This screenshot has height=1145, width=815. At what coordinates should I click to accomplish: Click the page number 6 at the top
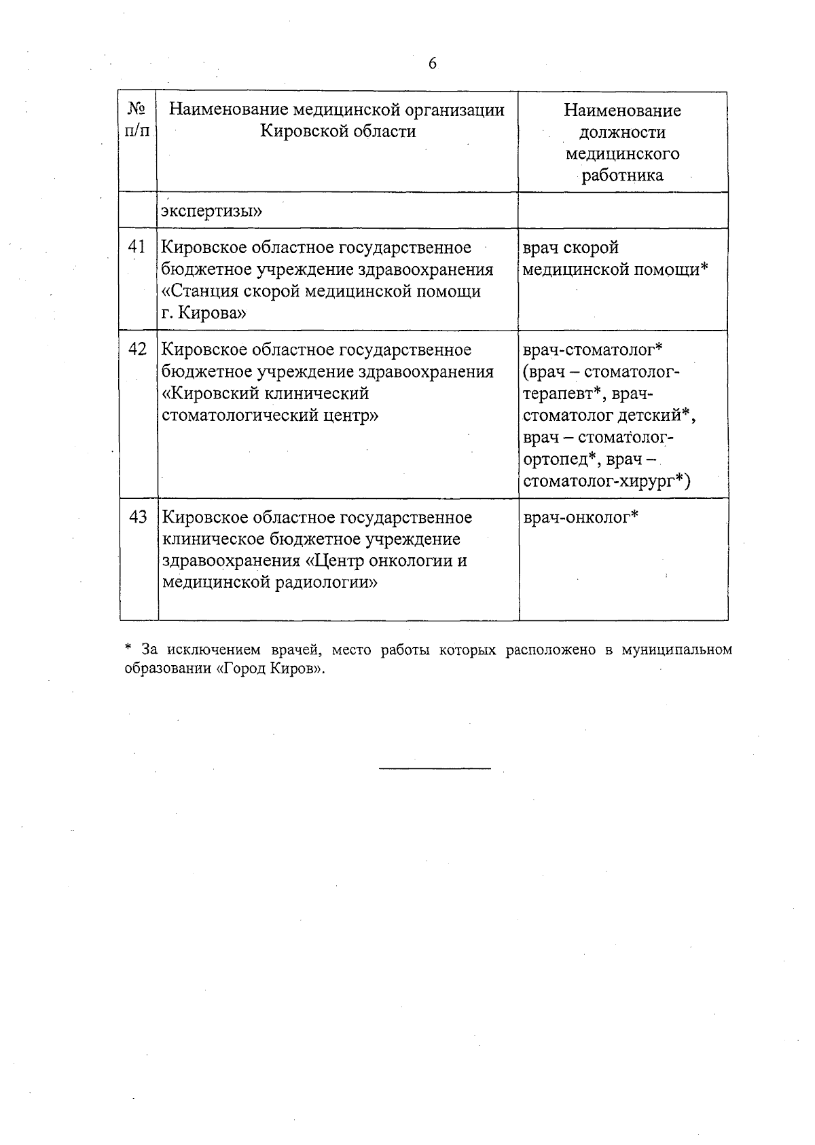[433, 64]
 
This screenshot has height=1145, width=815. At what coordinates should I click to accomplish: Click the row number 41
[137, 248]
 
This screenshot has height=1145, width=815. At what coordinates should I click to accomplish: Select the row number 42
[137, 350]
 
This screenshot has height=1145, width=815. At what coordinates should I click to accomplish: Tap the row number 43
[138, 517]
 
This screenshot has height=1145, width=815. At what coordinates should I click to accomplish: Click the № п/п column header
[137, 120]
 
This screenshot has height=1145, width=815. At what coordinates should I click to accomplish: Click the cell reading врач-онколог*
[581, 517]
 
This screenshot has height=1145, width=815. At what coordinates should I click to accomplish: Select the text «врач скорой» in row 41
[570, 248]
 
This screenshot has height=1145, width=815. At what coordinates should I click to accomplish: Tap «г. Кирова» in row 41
[204, 314]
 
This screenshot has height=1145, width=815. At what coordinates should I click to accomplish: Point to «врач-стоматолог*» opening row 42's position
[593, 350]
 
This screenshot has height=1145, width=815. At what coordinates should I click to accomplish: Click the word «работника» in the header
[623, 176]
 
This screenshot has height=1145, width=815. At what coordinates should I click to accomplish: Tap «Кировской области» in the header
[338, 132]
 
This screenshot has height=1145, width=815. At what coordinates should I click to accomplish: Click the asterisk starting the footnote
[127, 649]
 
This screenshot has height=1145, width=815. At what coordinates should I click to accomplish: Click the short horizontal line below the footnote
[434, 768]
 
